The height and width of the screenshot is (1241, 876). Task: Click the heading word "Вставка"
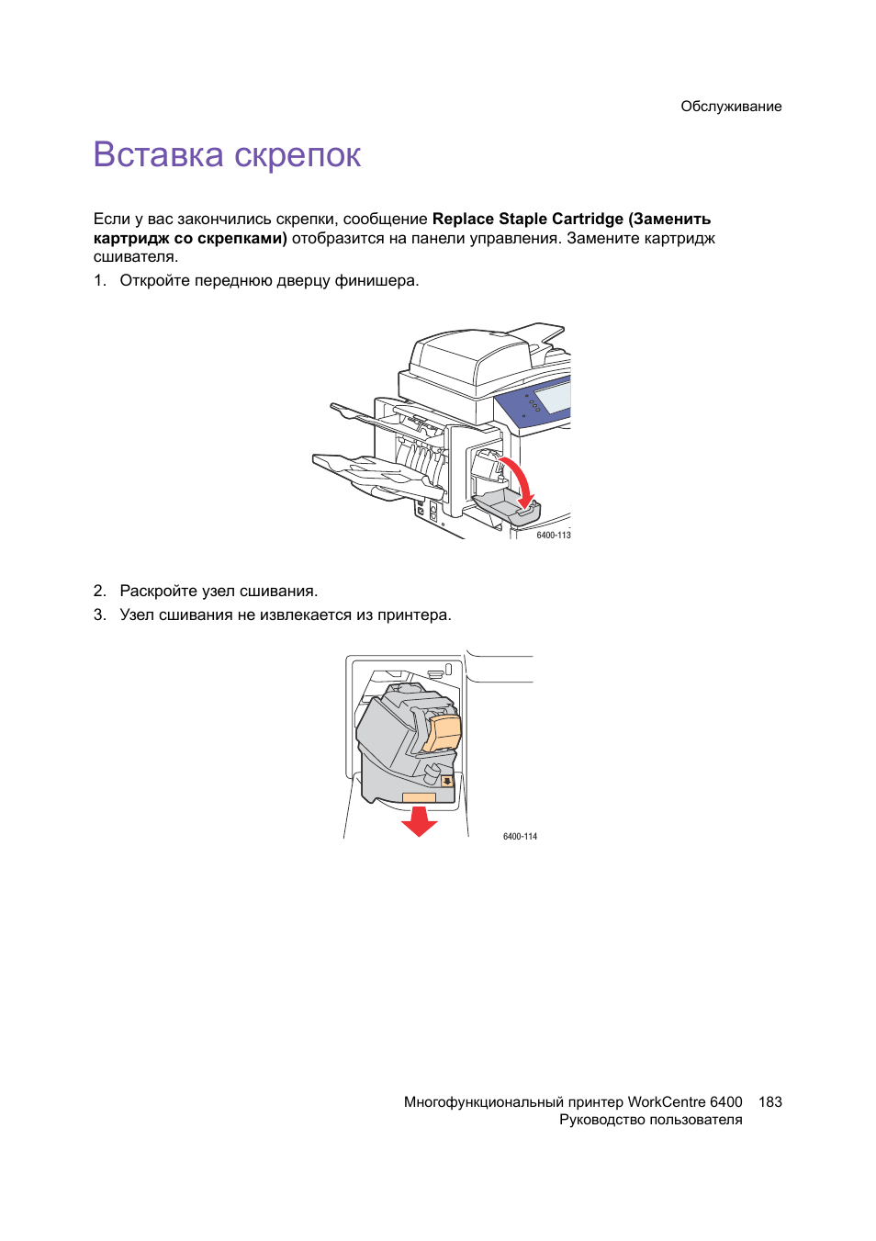point(158,154)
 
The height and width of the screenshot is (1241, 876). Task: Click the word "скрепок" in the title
point(297,156)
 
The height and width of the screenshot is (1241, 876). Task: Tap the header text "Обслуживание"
point(731,107)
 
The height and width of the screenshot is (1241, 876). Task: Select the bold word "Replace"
point(463,219)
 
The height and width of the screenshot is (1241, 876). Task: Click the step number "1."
point(100,280)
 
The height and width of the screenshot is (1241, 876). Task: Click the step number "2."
point(100,591)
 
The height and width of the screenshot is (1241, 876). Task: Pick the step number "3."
point(100,615)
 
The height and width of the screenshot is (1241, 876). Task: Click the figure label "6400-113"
point(554,535)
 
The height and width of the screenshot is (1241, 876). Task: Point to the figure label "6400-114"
point(520,836)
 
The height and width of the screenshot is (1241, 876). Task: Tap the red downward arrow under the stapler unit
point(420,820)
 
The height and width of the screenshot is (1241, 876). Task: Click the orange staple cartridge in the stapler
point(444,732)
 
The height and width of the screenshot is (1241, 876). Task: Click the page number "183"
point(770,1101)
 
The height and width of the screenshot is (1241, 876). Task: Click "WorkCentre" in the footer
point(667,1101)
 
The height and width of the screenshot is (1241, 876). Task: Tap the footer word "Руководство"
point(602,1120)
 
